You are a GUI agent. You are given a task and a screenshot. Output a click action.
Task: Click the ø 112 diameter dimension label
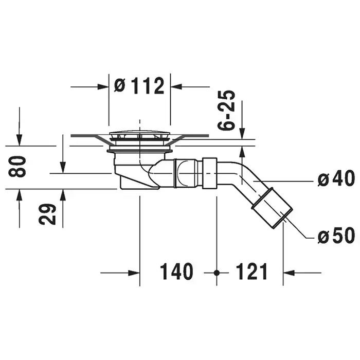(139, 86)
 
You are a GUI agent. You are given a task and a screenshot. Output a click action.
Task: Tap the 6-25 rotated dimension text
(226, 110)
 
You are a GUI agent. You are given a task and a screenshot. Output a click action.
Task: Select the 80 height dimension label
(17, 166)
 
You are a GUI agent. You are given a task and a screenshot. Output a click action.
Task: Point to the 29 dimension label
(47, 214)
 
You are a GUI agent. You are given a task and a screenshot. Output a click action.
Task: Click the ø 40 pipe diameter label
(336, 178)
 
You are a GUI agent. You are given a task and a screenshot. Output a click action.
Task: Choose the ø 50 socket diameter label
(336, 235)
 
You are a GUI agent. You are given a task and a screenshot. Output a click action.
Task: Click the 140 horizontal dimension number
(176, 272)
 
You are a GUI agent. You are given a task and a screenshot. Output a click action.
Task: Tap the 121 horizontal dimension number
(251, 272)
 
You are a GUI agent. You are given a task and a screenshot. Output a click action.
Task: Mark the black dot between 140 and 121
(217, 273)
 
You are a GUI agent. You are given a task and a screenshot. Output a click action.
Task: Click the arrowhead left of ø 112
(103, 87)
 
